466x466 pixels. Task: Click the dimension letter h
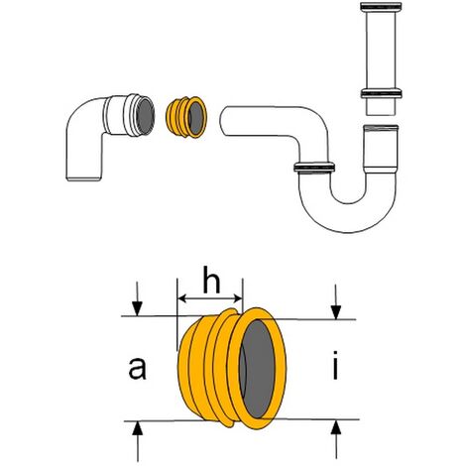point(211,283)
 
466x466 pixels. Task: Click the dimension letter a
point(137,368)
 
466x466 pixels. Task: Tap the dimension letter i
point(335,365)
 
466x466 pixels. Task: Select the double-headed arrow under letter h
point(210,299)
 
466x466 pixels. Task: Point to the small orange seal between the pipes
point(186,117)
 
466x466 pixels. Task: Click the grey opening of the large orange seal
point(258,369)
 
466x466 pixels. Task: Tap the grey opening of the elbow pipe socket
point(146,116)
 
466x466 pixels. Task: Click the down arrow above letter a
point(137,298)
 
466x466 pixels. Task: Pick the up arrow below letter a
point(138,441)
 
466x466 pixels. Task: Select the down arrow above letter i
point(336,301)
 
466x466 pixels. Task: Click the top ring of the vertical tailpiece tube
point(381,7)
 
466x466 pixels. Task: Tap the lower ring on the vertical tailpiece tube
point(381,93)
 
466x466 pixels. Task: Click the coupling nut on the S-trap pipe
point(314,168)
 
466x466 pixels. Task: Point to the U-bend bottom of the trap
point(348,216)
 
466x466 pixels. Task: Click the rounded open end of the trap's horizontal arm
point(224,121)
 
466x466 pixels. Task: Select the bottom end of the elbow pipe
point(83,179)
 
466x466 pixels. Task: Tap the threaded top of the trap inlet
point(381,128)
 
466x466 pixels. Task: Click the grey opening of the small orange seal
point(195,117)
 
